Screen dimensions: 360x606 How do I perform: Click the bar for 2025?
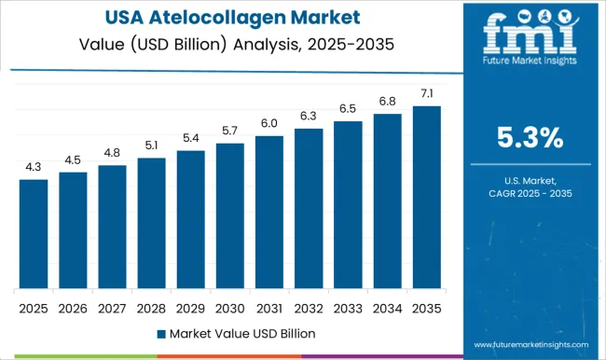(34, 233)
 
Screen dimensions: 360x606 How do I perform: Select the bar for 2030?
(229, 215)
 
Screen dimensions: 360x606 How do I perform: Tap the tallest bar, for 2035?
(426, 197)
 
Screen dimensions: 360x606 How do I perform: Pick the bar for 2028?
(151, 223)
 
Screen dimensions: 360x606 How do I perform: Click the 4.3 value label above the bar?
(34, 167)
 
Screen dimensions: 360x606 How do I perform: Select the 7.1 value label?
(426, 94)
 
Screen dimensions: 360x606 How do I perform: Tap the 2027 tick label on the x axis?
(112, 307)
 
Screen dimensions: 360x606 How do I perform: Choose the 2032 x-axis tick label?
(308, 307)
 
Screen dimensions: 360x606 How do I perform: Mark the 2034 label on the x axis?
(387, 307)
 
